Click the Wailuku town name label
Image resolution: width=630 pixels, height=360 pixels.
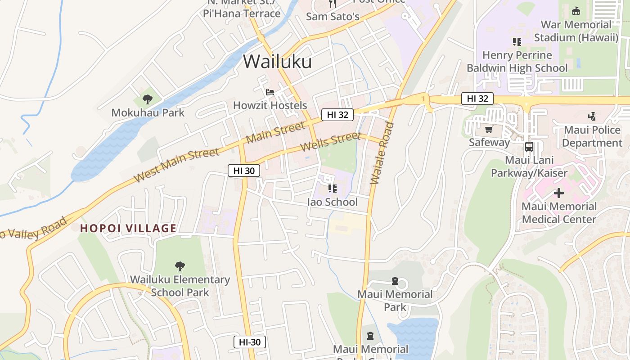[x=277, y=61]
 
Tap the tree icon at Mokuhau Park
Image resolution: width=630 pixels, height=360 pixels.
[x=147, y=99]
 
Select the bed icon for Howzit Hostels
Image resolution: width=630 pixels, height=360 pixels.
[x=270, y=92]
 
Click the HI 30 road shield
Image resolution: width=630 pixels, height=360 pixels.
[x=244, y=171]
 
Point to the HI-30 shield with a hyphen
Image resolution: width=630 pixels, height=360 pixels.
[x=250, y=342]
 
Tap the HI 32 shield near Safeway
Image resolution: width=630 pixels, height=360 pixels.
[x=477, y=99]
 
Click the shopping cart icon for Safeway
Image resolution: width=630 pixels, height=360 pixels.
[x=489, y=130]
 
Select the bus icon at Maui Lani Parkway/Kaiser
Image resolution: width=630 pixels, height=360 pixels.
[x=529, y=147]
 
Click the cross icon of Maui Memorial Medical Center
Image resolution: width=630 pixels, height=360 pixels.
[x=558, y=193]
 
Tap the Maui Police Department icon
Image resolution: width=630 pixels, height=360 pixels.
[x=592, y=117]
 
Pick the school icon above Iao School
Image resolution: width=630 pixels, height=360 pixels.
[x=332, y=189]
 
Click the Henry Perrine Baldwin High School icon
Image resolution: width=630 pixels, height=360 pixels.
[x=517, y=42]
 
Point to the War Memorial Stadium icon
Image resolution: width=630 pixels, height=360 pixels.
[x=576, y=11]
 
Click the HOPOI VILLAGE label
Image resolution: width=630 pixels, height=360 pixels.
[x=128, y=228]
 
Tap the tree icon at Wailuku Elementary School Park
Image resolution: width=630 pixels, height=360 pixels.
[x=180, y=266]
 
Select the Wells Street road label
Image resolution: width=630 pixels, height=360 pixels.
[x=330, y=142]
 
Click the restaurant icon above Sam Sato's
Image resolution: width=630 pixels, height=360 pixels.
[x=333, y=4]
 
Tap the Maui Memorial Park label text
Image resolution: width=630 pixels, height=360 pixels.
[x=395, y=301]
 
